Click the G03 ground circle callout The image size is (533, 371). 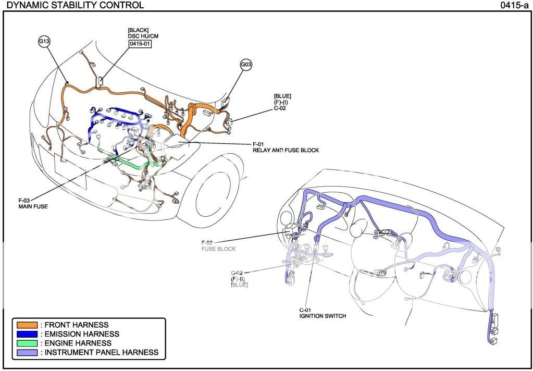point(246,65)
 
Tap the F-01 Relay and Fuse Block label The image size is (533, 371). point(286,147)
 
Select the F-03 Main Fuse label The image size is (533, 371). point(33,203)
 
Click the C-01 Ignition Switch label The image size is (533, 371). point(322,313)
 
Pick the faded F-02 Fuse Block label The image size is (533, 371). point(218,246)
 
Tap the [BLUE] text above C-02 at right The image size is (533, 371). point(282,96)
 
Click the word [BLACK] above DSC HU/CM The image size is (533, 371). point(138,30)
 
